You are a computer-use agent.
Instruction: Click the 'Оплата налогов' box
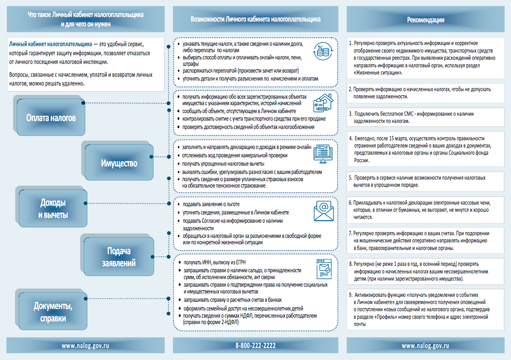(x=51, y=118)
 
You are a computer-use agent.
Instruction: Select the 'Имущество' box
(x=119, y=163)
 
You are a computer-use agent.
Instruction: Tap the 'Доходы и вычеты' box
(x=53, y=209)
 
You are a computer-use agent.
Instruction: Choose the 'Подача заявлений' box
(x=118, y=257)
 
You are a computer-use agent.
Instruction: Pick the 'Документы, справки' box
(x=53, y=312)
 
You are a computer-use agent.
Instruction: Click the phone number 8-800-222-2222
(x=255, y=345)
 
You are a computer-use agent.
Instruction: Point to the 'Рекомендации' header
(x=425, y=20)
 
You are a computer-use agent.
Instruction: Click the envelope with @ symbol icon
(x=324, y=211)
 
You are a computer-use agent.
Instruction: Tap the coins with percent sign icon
(x=323, y=51)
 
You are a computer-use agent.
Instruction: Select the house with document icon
(x=323, y=103)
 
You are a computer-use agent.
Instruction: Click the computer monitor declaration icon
(x=323, y=154)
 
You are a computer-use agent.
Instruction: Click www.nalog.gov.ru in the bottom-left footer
(x=85, y=345)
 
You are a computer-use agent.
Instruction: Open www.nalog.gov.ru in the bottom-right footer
(x=425, y=345)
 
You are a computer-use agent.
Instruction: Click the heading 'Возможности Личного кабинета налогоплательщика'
(x=255, y=19)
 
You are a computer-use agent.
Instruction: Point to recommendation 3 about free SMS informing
(x=413, y=117)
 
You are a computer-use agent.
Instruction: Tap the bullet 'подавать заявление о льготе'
(x=211, y=204)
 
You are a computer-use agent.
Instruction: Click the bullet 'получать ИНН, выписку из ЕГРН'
(x=214, y=262)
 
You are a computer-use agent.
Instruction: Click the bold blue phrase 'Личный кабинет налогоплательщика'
(x=50, y=44)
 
